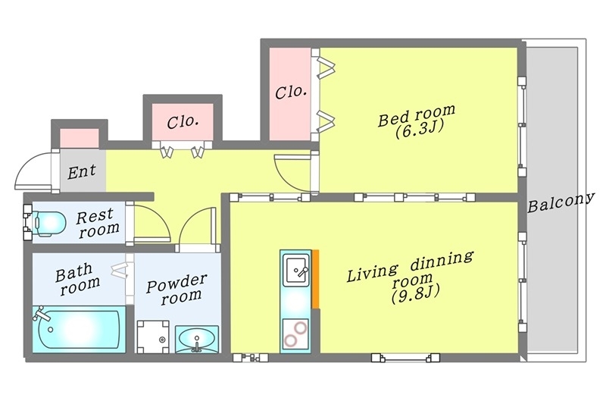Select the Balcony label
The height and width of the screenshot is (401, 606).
[561, 202]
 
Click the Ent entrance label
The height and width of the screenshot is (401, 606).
[82, 171]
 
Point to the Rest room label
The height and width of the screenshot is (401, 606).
[98, 223]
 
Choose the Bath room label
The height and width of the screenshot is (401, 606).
[77, 279]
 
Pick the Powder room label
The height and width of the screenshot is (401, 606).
[177, 290]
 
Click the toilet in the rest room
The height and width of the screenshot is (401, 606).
[45, 223]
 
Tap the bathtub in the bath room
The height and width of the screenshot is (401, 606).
[79, 329]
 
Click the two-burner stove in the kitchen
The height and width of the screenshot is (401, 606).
[295, 334]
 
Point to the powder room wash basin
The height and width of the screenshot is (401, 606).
[197, 339]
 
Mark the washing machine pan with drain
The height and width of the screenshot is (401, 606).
[153, 337]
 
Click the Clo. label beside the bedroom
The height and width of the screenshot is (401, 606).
[291, 92]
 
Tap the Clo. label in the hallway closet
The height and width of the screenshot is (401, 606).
[183, 122]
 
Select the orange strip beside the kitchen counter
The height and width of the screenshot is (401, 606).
[315, 279]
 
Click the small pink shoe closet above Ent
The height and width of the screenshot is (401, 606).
[80, 138]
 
